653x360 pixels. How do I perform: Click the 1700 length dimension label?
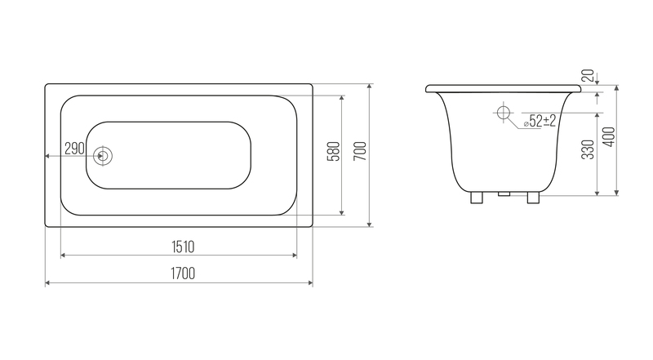click(x=183, y=273)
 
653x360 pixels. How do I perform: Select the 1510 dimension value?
click(x=183, y=247)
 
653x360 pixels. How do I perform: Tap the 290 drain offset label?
click(x=75, y=148)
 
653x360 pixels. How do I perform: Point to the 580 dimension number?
click(x=335, y=151)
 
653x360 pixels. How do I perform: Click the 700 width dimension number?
click(x=361, y=151)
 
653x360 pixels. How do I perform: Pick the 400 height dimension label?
click(x=609, y=136)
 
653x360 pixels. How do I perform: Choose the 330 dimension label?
click(x=588, y=149)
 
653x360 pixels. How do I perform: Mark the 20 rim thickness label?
click(x=588, y=75)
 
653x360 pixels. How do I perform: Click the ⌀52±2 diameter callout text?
click(x=540, y=122)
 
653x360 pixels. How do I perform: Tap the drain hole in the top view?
click(x=103, y=156)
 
